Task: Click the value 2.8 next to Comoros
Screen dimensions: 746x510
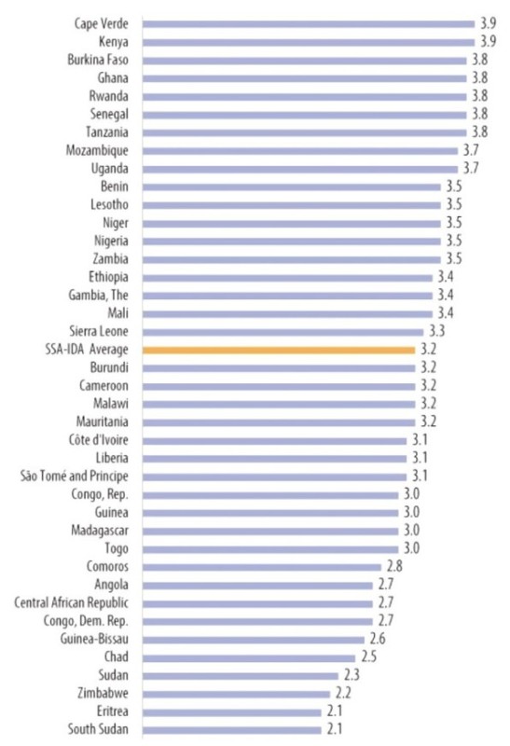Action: point(394,566)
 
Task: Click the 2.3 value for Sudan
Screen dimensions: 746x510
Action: point(351,675)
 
